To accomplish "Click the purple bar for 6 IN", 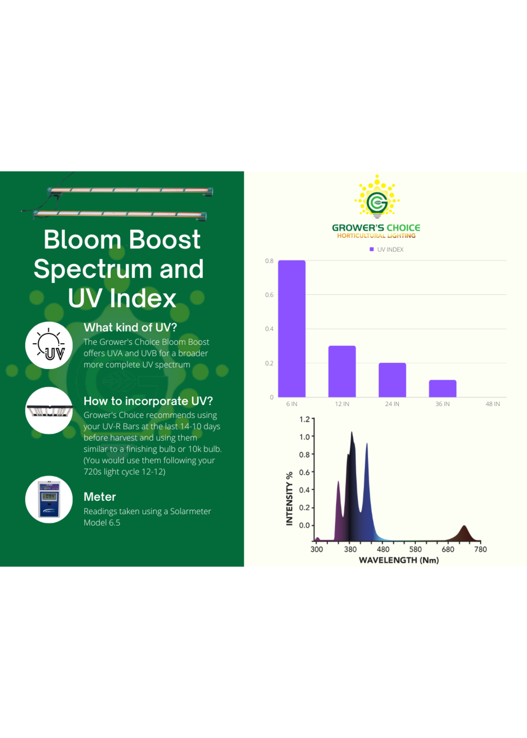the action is pyautogui.click(x=291, y=328).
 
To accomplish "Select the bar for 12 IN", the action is pyautogui.click(x=342, y=371).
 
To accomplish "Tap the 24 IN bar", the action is pyautogui.click(x=392, y=380).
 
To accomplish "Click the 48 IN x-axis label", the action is pyautogui.click(x=493, y=404).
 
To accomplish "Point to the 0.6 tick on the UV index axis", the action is pyautogui.click(x=269, y=295).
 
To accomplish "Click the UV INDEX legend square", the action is pyautogui.click(x=372, y=249).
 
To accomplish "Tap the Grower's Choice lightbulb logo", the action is pyautogui.click(x=377, y=197).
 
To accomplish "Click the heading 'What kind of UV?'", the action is pyautogui.click(x=130, y=327).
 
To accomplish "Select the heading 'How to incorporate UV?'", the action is pyautogui.click(x=148, y=401).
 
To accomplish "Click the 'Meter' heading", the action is pyautogui.click(x=100, y=497).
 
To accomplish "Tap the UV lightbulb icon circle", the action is pyautogui.click(x=49, y=345).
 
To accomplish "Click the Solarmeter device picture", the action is pyautogui.click(x=49, y=499).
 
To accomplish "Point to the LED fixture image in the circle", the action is pyautogui.click(x=49, y=411).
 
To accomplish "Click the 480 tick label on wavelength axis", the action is pyautogui.click(x=383, y=549).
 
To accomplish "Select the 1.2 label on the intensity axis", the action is pyautogui.click(x=304, y=419).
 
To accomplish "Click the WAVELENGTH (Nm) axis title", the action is pyautogui.click(x=399, y=560).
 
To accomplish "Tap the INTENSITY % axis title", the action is pyautogui.click(x=289, y=498).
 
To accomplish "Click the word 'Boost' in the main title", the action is pyautogui.click(x=165, y=240).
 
